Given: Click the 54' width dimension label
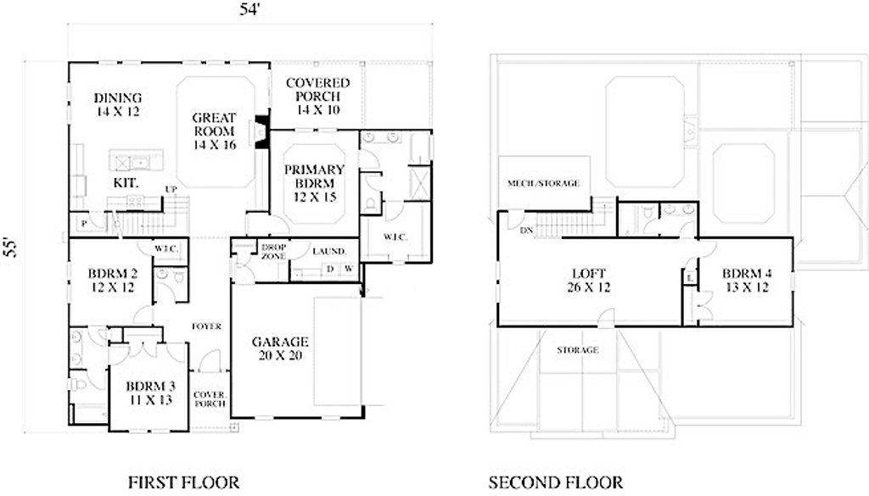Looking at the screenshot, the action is pos(249,10).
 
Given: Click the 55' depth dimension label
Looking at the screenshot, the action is pos(11,248).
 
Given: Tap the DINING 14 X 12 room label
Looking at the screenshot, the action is pos(117,104).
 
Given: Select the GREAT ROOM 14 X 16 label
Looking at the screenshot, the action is pos(215,131).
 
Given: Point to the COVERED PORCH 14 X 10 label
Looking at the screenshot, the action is pos(317,97).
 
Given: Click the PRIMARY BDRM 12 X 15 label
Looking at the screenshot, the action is pos(315,183).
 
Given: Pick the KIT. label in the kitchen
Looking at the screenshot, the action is pos(126,182).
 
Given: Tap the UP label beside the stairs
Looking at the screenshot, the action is pos(171,189).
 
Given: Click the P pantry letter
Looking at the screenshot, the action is pos(84,224).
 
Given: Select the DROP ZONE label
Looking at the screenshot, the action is pos(273,252).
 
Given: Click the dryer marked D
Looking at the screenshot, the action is pos(330,269).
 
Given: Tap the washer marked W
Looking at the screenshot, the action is pos(349,269).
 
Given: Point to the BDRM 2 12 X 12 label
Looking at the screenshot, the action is pos(113,280).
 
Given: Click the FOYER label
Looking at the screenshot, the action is pos(207,326).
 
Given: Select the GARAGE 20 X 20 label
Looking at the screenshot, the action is pos(280,348).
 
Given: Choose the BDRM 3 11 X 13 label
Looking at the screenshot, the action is pos(150,393).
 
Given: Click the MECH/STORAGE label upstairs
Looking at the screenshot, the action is pos(544,183).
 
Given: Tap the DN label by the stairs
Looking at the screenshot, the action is pos(526,231).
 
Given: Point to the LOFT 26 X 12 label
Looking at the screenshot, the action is pos(589,280).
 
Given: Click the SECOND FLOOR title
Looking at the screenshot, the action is pos(556,482).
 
